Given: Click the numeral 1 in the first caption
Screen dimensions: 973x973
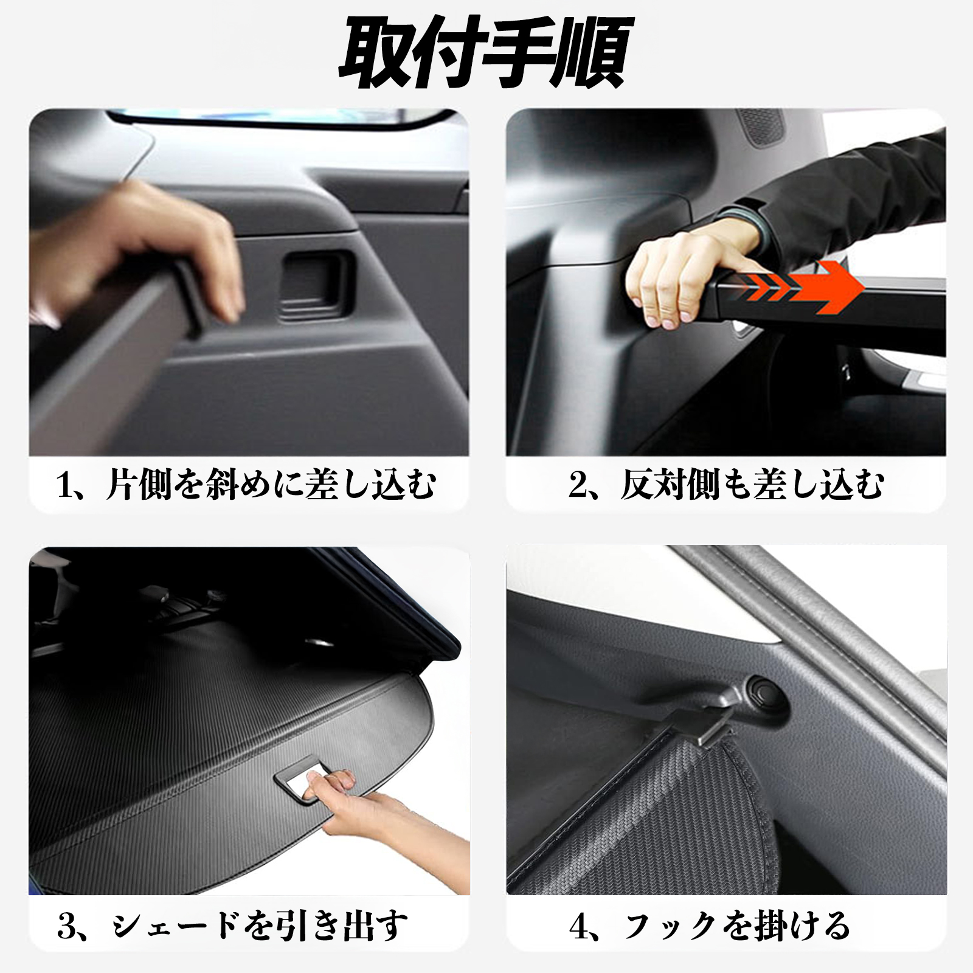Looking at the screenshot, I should click(x=65, y=486).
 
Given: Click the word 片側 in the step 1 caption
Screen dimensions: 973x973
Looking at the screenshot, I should click(x=139, y=486).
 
